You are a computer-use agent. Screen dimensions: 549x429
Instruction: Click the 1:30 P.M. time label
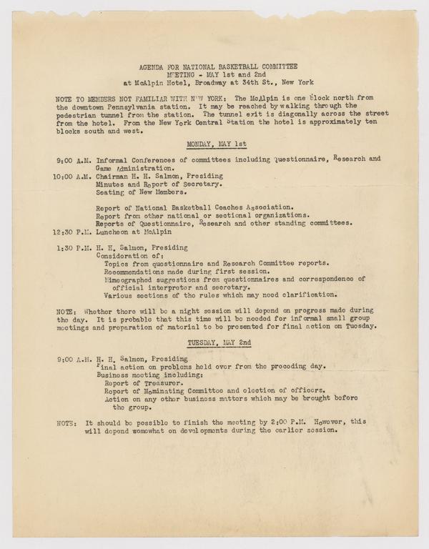(x=71, y=247)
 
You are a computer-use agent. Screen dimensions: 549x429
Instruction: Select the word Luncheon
(x=114, y=231)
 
